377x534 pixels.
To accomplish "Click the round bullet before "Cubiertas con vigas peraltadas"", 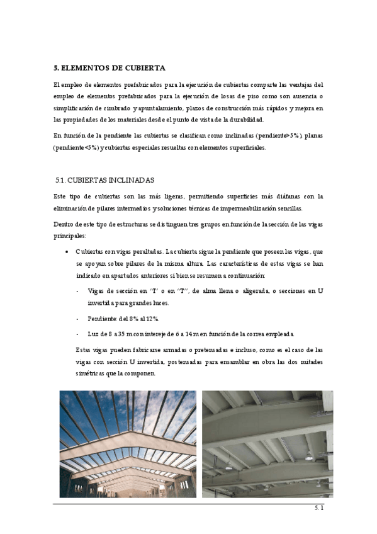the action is (67, 252).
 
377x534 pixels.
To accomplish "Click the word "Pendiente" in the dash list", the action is (102, 318).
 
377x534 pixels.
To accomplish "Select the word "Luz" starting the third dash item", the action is (94, 333).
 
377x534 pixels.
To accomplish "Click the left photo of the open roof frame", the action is (128, 444).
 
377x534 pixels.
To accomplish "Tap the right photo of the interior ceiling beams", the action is (267, 444).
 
